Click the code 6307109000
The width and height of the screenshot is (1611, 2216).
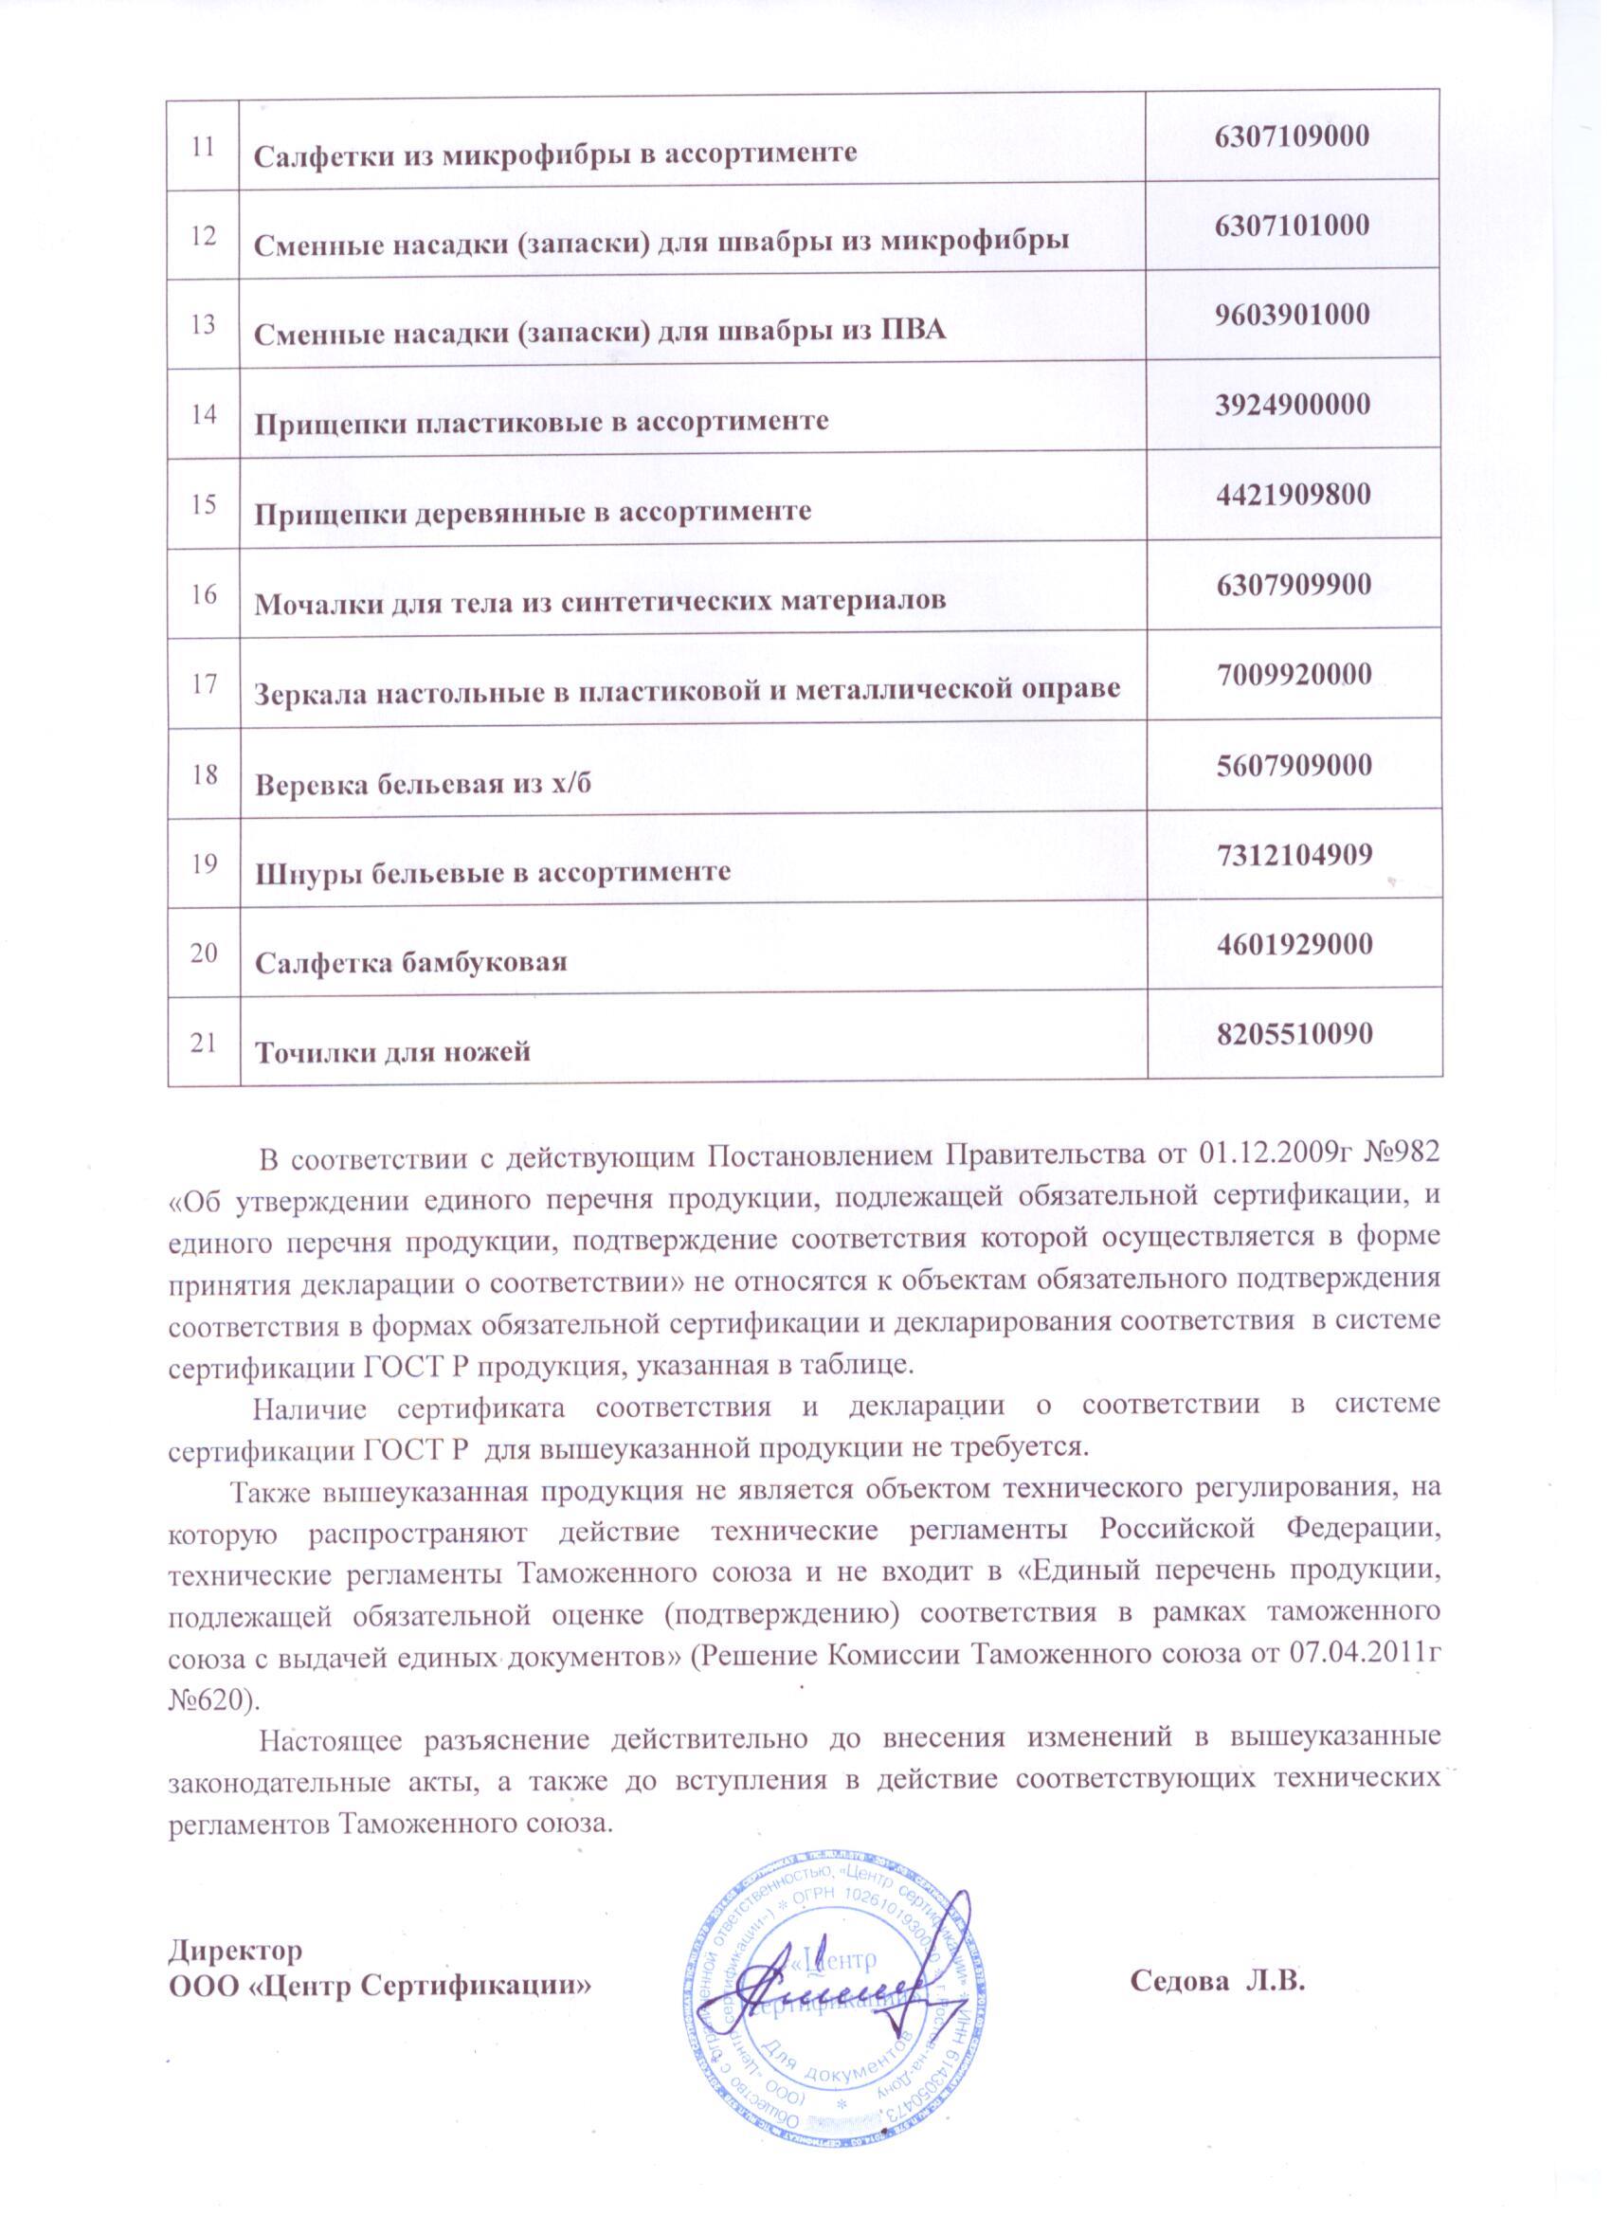click(1293, 136)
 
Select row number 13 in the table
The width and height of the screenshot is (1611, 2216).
click(203, 324)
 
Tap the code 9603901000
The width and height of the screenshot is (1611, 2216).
click(1293, 316)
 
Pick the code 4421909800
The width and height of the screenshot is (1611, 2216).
click(1294, 495)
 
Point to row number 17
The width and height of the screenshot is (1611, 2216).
click(203, 683)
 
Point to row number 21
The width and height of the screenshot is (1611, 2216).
click(203, 1043)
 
